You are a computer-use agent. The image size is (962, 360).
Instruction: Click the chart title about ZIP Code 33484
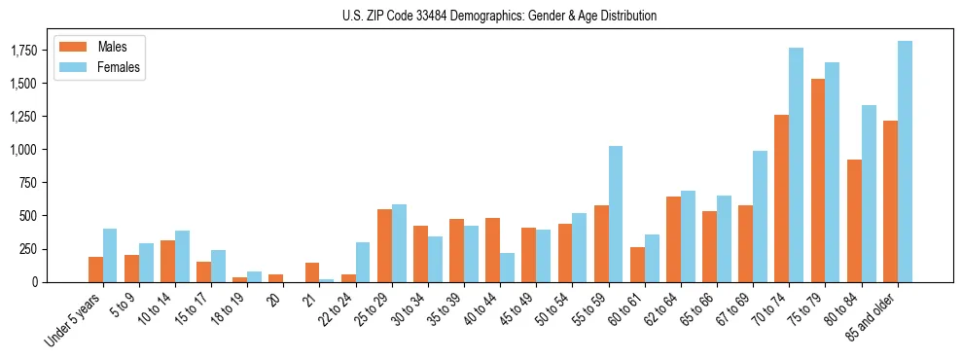point(500,16)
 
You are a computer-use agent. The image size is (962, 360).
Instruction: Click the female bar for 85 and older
point(905,162)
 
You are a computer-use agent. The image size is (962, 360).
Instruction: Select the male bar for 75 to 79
point(818,181)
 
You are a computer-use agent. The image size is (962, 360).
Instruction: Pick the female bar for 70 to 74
point(796,165)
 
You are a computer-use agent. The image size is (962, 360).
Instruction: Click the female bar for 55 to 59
point(616,214)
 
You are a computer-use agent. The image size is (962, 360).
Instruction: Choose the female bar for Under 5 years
point(110,256)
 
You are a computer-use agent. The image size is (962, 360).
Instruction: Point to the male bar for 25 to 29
point(384,246)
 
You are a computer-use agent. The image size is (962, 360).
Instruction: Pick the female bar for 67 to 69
point(760,216)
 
